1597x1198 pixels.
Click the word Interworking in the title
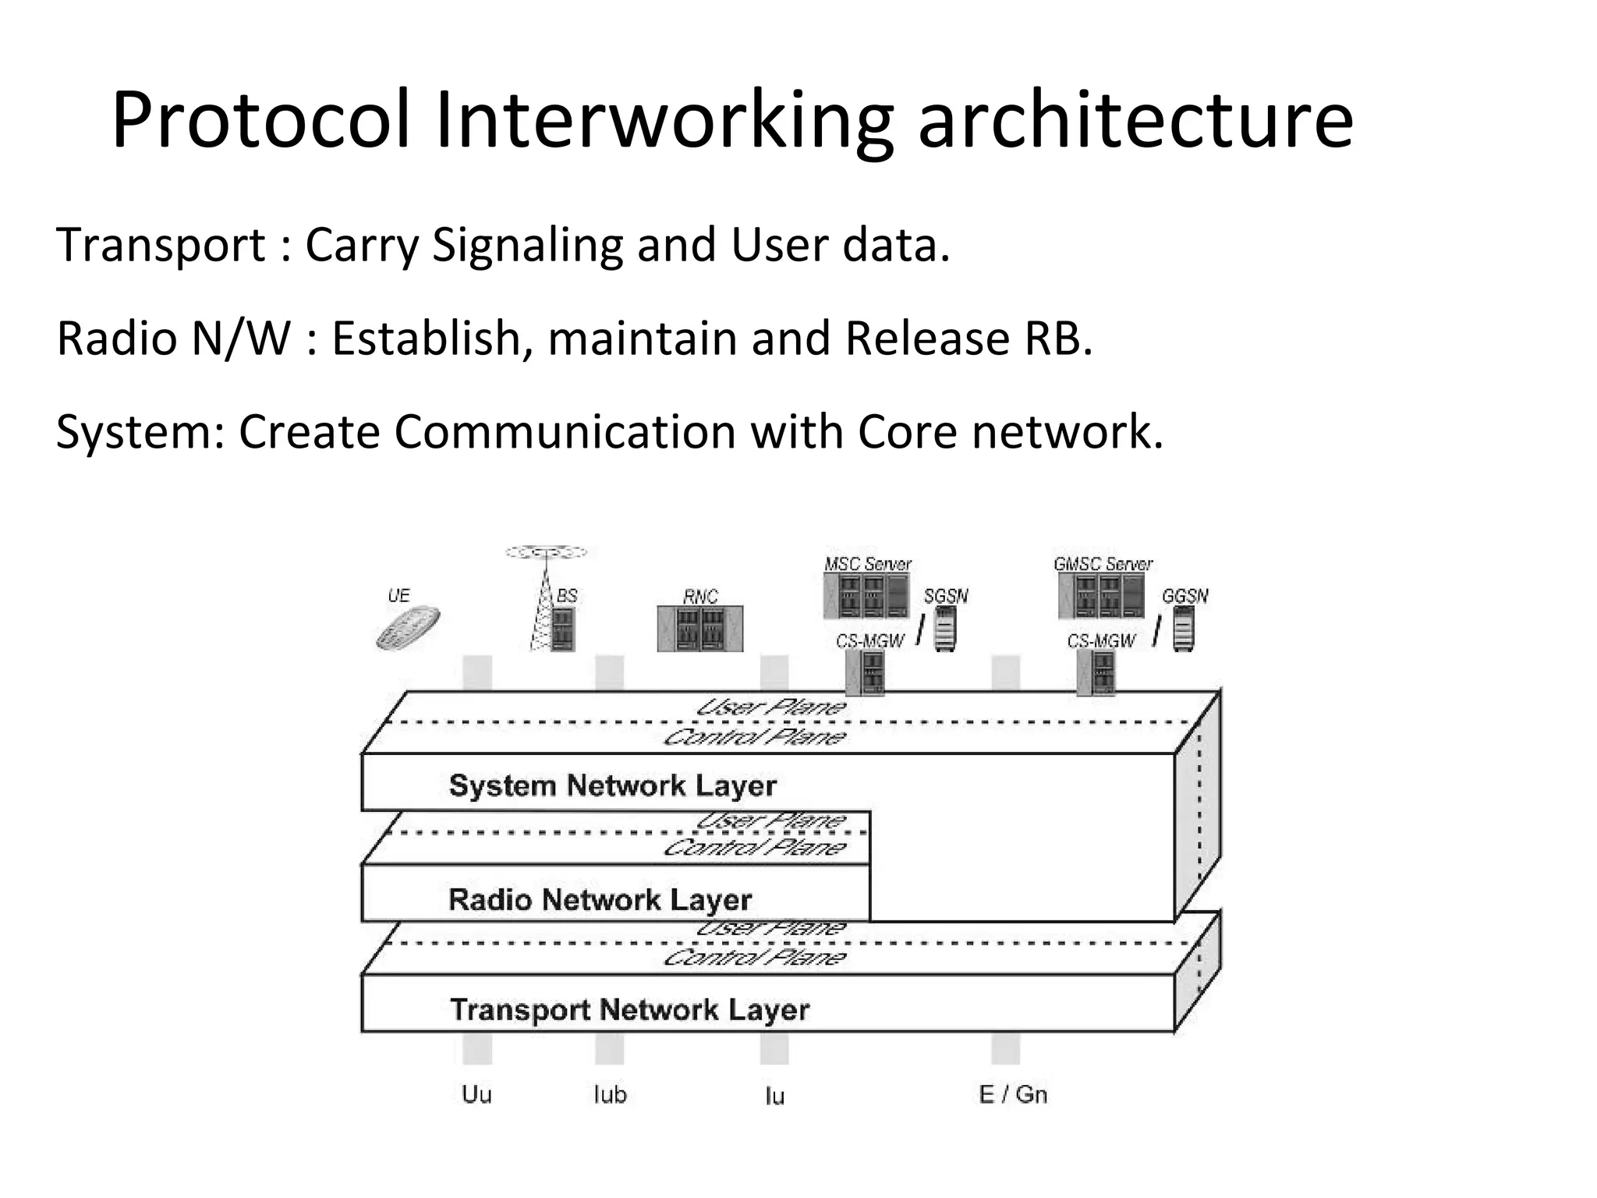tap(663, 121)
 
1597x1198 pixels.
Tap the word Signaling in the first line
tap(527, 245)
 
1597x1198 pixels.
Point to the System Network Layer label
tap(612, 785)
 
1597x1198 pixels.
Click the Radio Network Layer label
tap(600, 899)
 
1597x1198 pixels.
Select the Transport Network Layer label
tap(629, 1010)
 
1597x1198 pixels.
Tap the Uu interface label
tap(476, 1094)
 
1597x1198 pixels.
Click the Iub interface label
tap(610, 1094)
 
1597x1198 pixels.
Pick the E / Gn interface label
tap(1012, 1094)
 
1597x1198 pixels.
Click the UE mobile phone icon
tap(408, 628)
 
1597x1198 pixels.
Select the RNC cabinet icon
tap(699, 628)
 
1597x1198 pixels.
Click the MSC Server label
tap(867, 564)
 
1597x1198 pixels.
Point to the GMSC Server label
tap(1103, 564)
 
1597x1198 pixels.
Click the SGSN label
tap(945, 597)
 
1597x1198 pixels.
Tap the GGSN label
tap(1184, 597)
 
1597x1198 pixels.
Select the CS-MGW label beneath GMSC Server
tap(1101, 641)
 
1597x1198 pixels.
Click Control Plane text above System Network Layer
tap(754, 737)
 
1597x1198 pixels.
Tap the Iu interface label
tap(774, 1096)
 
